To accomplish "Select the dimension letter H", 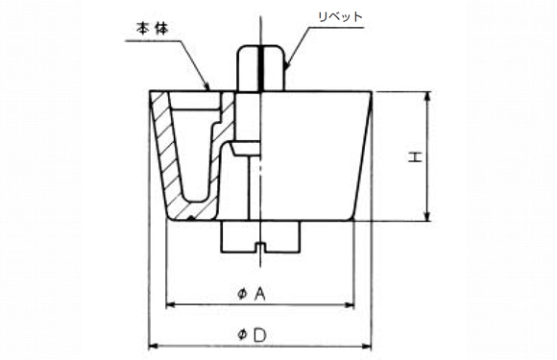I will (x=414, y=156).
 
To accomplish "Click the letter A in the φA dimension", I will (x=258, y=295).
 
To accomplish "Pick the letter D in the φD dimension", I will (x=259, y=333).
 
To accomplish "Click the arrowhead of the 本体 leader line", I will (x=208, y=88).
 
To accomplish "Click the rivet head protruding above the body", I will (x=259, y=67).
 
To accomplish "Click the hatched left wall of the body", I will (x=165, y=158).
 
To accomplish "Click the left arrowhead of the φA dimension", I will (x=172, y=306).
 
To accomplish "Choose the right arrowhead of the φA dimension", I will (x=351, y=306).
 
